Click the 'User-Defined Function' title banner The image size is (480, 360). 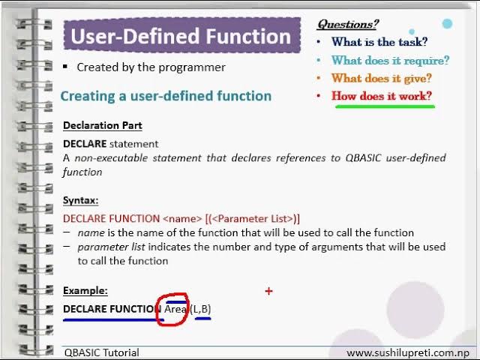182,35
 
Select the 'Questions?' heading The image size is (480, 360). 348,24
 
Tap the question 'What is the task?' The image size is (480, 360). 379,42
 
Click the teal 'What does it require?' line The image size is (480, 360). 390,60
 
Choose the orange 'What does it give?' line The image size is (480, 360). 382,78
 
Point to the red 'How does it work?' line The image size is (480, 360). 382,96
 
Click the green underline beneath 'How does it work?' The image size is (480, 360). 385,106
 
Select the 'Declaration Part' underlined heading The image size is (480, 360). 103,125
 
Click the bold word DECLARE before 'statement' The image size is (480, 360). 85,143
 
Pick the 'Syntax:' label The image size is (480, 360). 81,200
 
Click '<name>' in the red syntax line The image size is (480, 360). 182,218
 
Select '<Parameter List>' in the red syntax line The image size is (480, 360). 252,218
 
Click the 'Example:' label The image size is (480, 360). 85,290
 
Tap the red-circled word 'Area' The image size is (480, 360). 175,309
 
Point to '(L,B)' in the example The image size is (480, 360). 200,309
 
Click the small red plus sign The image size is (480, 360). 268,291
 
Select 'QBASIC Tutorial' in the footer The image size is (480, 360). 102,352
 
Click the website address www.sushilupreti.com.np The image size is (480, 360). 408,353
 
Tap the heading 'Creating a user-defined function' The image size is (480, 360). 166,96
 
